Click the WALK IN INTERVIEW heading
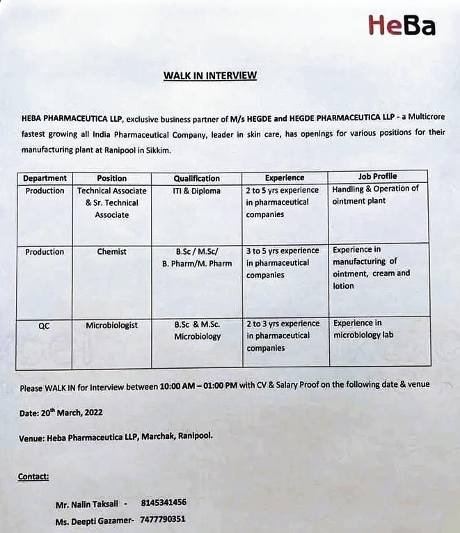209,75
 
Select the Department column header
45,178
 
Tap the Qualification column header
197,178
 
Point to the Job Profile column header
378,176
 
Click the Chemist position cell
112,252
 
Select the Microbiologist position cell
112,325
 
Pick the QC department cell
45,325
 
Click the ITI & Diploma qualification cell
197,191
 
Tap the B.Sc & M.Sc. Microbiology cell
197,331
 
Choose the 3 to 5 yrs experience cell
283,263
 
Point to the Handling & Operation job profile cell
376,195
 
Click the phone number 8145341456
164,502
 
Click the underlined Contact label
33,477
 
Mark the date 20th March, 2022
70,413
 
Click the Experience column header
285,177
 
